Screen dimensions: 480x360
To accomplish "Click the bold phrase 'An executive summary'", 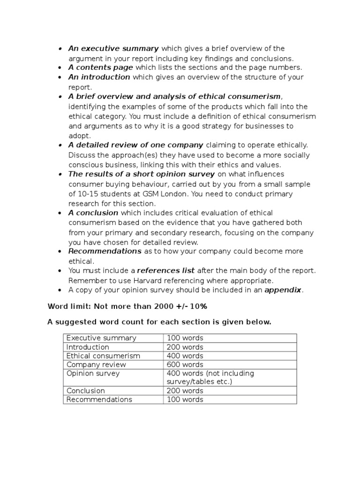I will pyautogui.click(x=114, y=49).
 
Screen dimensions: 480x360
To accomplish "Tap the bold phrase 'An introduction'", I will pyautogui.click(x=99, y=77).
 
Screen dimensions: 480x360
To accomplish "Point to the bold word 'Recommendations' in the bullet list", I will pyautogui.click(x=105, y=251).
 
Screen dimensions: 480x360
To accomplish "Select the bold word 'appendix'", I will pyautogui.click(x=283, y=290).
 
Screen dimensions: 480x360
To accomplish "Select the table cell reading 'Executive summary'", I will pyautogui.click(x=101, y=338).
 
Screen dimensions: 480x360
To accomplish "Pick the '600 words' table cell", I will pyautogui.click(x=185, y=365).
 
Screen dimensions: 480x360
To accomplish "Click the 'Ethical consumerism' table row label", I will pyautogui.click(x=103, y=356).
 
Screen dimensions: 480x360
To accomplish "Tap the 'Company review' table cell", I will pyautogui.click(x=96, y=365).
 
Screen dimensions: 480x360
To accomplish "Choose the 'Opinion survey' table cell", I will pyautogui.click(x=93, y=374).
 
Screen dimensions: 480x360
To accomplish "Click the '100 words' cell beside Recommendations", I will pyautogui.click(x=185, y=400).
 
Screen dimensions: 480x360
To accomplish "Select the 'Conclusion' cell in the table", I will pyautogui.click(x=86, y=391).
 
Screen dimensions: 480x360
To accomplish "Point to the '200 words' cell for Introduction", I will pyautogui.click(x=185, y=347).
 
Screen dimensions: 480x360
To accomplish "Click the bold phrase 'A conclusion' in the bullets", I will pyautogui.click(x=93, y=213).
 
